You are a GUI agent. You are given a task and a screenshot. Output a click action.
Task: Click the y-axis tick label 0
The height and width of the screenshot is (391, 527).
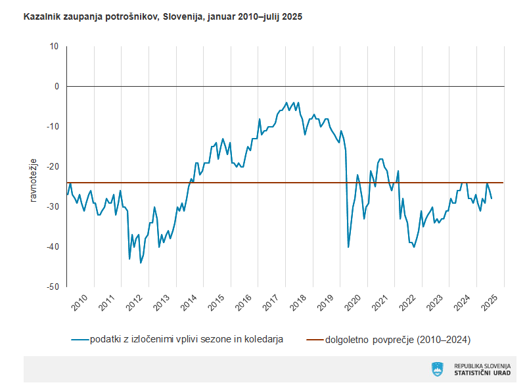point(57,86)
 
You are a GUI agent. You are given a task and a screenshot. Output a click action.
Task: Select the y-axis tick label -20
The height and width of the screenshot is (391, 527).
point(53,166)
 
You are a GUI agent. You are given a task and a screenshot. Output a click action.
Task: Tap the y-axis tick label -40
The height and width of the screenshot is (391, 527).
point(53,246)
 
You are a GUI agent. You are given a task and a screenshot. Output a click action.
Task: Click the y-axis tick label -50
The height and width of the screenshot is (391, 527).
point(53,287)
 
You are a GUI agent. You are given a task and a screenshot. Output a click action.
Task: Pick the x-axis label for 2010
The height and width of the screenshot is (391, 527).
point(80,303)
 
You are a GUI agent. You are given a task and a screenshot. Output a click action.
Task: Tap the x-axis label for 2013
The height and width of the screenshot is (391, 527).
point(162,303)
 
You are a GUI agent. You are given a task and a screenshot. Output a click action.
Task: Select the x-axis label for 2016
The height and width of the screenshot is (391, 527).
point(243,303)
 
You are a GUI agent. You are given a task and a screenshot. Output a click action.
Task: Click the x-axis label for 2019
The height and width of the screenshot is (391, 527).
point(325,303)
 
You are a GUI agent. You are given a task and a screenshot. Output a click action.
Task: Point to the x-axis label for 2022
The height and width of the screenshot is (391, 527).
point(407,303)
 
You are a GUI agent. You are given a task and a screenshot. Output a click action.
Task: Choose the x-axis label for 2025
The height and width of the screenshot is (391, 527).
point(490,303)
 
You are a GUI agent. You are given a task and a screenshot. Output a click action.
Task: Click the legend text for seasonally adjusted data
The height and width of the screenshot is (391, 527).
point(187,340)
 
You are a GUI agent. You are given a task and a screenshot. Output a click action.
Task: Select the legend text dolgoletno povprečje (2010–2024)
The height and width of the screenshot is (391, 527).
point(398,340)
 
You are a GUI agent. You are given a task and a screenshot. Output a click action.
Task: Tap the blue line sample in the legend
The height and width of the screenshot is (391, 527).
point(80,340)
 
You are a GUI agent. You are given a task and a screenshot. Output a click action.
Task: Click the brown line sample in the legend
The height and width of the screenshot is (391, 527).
point(315,340)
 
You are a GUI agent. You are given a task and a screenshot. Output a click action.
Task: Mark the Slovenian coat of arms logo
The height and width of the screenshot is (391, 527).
point(437,369)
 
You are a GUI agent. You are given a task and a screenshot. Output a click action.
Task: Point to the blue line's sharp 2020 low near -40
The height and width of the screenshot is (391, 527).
point(348,247)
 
